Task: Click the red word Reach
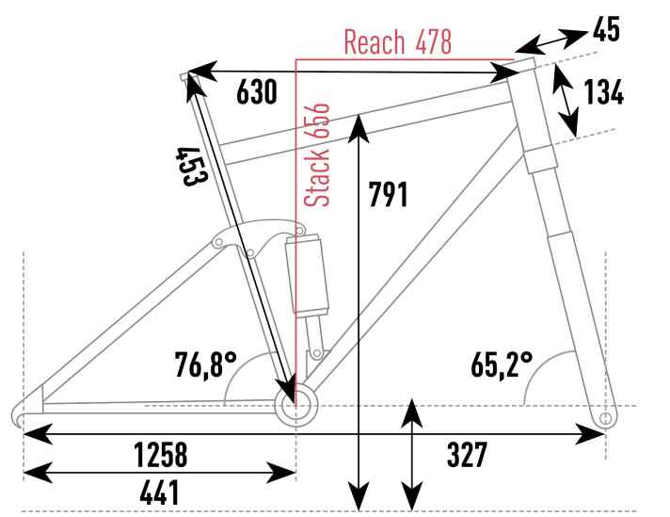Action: tap(374, 42)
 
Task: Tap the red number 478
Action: tap(433, 42)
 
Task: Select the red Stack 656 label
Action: tap(316, 154)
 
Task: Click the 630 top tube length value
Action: tap(257, 91)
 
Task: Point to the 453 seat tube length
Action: tap(192, 167)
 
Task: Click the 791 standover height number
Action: tap(388, 195)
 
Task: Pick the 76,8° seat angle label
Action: tap(205, 364)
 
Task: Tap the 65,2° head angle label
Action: tap(502, 364)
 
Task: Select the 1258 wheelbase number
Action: tap(161, 455)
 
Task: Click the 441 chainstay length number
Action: tap(159, 493)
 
